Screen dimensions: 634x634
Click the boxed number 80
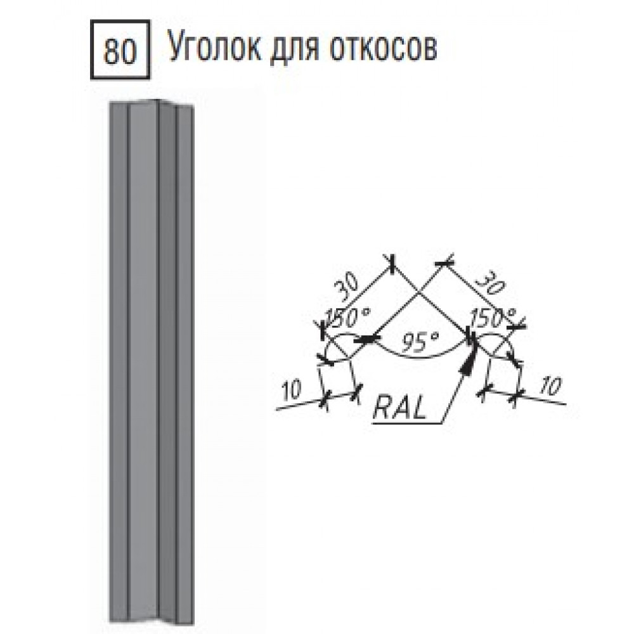(x=120, y=51)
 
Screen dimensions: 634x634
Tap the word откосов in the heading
(x=384, y=48)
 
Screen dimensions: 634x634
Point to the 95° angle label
(x=420, y=341)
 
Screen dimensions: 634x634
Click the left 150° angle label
(x=349, y=318)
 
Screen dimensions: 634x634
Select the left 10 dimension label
(x=292, y=391)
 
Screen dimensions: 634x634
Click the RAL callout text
(x=399, y=407)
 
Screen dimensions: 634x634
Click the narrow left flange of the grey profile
(x=118, y=364)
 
